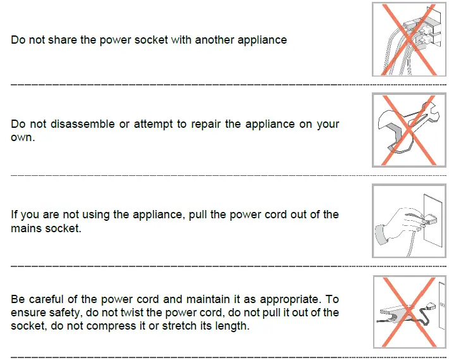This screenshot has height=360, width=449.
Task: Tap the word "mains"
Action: tap(26, 228)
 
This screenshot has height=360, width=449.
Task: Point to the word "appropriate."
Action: tap(291, 299)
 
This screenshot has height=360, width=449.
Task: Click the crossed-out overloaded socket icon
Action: tap(409, 39)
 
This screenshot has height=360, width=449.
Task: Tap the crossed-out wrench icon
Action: tap(409, 130)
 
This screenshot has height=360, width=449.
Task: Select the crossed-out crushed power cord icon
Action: tap(409, 312)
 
